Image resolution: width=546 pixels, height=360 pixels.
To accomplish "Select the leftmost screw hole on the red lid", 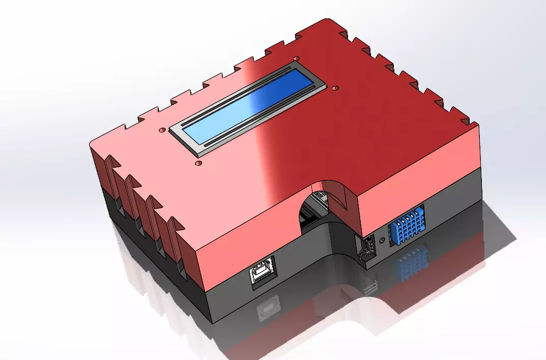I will (x=162, y=130).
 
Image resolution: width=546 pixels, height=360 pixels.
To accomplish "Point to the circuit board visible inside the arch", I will (x=310, y=219).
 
